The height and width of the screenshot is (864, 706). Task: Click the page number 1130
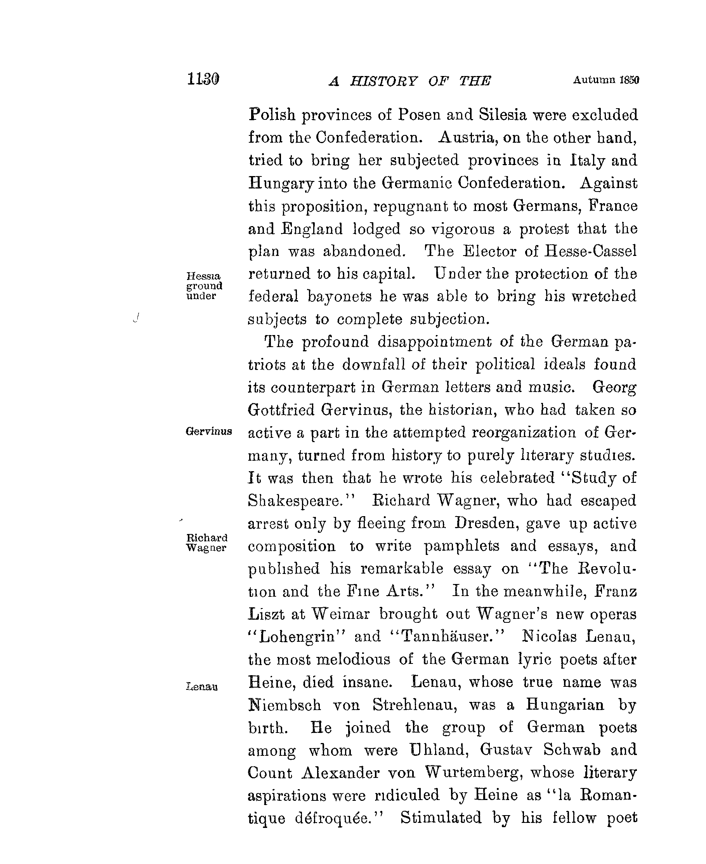coord(203,79)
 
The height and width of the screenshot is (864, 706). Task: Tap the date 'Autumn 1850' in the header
coord(606,80)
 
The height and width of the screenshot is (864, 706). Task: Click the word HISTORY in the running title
coord(383,82)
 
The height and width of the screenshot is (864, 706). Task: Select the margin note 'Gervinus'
coord(209,431)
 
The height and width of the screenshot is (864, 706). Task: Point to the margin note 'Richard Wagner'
coord(206,543)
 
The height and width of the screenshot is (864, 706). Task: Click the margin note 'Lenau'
coord(202,687)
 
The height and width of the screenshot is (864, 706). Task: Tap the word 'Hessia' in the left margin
coord(203,276)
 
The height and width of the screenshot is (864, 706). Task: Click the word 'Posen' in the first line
coord(419,115)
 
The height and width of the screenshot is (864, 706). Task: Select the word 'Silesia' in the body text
coord(503,115)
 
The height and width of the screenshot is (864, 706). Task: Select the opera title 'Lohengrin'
coord(297,637)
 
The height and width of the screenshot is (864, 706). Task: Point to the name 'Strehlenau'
coord(415,704)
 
